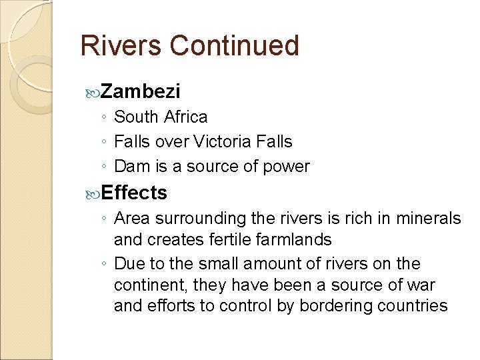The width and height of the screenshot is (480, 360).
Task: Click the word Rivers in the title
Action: (x=121, y=45)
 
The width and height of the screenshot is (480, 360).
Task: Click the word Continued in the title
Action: (x=234, y=45)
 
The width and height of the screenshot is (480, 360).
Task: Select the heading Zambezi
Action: (x=141, y=91)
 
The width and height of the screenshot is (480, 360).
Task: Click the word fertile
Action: (x=219, y=239)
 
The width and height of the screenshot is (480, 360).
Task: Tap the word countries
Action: (x=413, y=306)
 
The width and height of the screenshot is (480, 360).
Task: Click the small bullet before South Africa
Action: (x=105, y=118)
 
